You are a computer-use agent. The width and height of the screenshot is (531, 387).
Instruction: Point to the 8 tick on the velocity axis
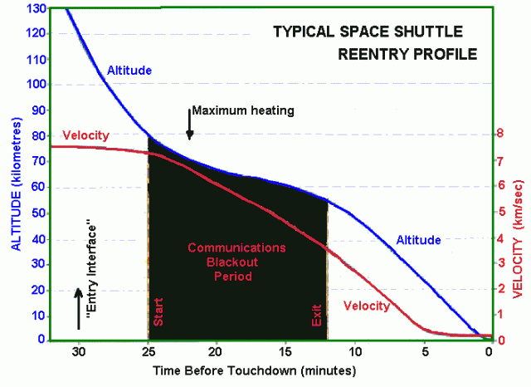[499, 133]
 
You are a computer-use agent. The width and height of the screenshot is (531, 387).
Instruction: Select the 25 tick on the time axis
[148, 350]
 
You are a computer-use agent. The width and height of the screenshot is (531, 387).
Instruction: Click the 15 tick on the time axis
[285, 350]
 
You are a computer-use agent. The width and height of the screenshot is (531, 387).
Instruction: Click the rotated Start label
[158, 311]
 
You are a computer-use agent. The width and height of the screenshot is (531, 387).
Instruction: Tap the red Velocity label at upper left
[85, 135]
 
